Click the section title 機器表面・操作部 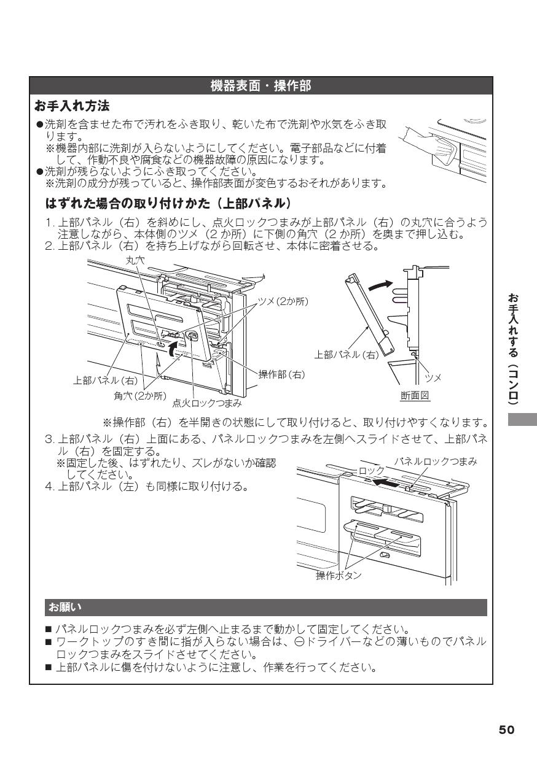(x=261, y=87)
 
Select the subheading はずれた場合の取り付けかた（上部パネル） (x=168, y=203)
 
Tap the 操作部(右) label (x=281, y=374)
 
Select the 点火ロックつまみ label (x=206, y=403)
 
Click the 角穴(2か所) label (x=140, y=395)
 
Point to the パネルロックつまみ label (x=435, y=461)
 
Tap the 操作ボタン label (x=339, y=575)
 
